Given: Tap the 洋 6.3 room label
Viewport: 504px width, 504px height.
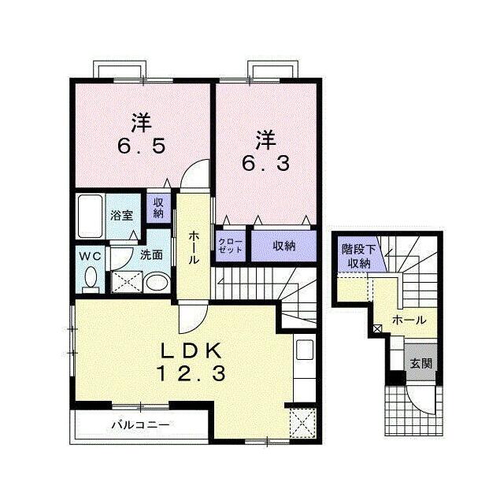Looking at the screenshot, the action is pyautogui.click(x=266, y=150).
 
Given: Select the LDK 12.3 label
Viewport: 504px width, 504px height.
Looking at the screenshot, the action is pyautogui.click(x=191, y=362).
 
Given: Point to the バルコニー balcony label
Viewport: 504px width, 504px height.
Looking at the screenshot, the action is pyautogui.click(x=140, y=425).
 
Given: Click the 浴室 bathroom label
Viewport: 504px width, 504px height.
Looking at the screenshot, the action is pyautogui.click(x=122, y=215).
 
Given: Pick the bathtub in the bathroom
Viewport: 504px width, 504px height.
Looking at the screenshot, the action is pyautogui.click(x=91, y=216).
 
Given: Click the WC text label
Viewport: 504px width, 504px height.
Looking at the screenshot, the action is pyautogui.click(x=91, y=256).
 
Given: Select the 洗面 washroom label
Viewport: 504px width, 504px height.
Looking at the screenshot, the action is pyautogui.click(x=152, y=255).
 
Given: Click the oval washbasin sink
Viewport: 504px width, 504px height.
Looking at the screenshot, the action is pyautogui.click(x=157, y=283).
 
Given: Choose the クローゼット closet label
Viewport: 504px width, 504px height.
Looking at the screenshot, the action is pyautogui.click(x=230, y=246).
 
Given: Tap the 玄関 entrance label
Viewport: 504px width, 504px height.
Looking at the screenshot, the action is pyautogui.click(x=421, y=364).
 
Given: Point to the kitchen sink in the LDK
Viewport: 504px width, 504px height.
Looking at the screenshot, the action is pyautogui.click(x=305, y=350).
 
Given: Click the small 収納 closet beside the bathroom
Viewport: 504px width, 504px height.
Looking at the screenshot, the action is pyautogui.click(x=157, y=208).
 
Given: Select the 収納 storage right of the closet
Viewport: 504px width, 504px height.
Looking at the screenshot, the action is pyautogui.click(x=284, y=246).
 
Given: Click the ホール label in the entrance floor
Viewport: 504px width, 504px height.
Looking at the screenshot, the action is pyautogui.click(x=409, y=320).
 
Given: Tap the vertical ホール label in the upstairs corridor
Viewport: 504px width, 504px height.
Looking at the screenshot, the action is pyautogui.click(x=193, y=246).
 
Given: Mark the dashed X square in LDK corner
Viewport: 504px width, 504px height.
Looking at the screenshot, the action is pyautogui.click(x=303, y=423).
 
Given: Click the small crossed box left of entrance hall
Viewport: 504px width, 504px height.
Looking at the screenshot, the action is pyautogui.click(x=377, y=329).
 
